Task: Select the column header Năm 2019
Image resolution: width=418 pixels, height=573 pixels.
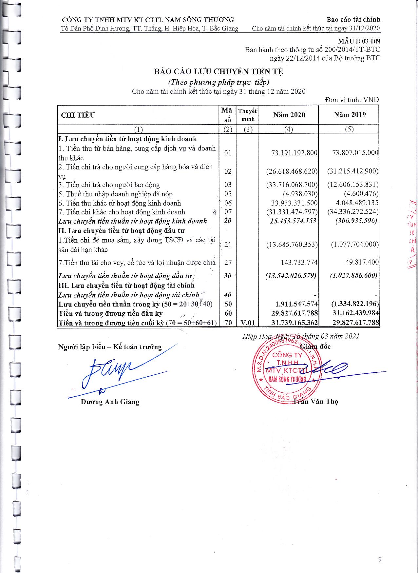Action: coord(350,115)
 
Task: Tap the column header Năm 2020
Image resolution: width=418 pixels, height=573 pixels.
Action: coord(289,115)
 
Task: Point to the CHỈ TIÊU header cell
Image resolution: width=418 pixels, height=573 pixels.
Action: coord(78,115)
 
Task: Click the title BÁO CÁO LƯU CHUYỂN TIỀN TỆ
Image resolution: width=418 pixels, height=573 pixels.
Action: coord(219,71)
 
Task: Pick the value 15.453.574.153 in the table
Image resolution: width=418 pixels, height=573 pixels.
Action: coord(293,221)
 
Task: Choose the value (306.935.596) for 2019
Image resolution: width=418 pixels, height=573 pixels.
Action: coord(356,221)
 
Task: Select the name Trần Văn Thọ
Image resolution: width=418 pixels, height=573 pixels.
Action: coord(316,402)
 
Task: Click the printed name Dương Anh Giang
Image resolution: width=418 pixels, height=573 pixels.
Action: coord(110,402)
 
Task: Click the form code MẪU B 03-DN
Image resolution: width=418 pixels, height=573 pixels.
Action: coord(359,42)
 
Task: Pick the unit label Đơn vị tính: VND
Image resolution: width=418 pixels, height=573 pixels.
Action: coord(352,100)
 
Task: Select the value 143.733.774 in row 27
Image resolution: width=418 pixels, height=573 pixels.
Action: coord(297,262)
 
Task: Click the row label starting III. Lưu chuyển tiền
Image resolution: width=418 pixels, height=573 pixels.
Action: coord(126,286)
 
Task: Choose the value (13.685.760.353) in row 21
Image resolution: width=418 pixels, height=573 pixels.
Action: coord(292,245)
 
